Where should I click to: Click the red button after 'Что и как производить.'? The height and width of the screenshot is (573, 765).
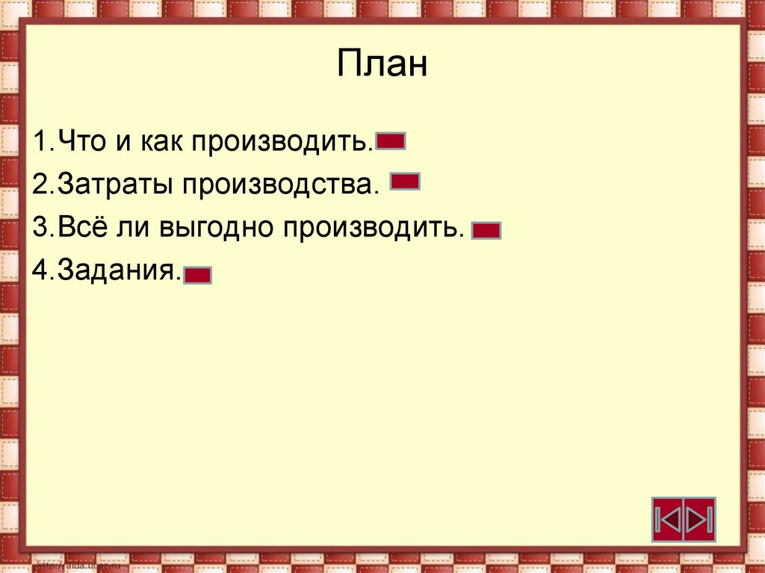click(391, 141)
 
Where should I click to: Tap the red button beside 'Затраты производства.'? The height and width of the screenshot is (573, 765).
click(405, 182)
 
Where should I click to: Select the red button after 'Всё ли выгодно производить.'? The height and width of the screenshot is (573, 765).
click(486, 230)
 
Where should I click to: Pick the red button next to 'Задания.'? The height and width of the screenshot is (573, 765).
click(198, 276)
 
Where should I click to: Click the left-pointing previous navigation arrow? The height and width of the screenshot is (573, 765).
click(669, 518)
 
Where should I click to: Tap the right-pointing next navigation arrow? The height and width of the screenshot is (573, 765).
click(700, 518)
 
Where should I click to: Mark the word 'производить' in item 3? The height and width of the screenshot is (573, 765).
click(374, 227)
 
